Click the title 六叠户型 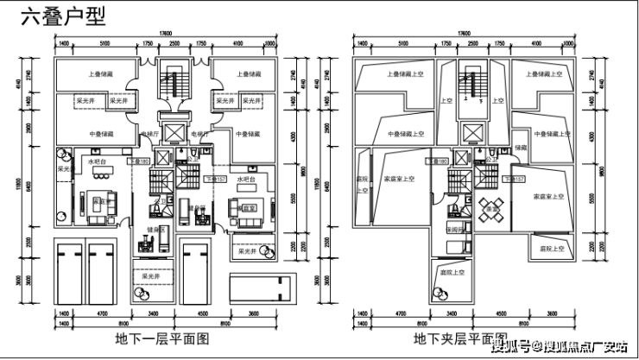coord(55,16)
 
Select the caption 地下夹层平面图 coord(459,337)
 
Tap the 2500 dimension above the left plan coord(174,42)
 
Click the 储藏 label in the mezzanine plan coord(520,148)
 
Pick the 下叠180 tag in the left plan coord(139,161)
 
